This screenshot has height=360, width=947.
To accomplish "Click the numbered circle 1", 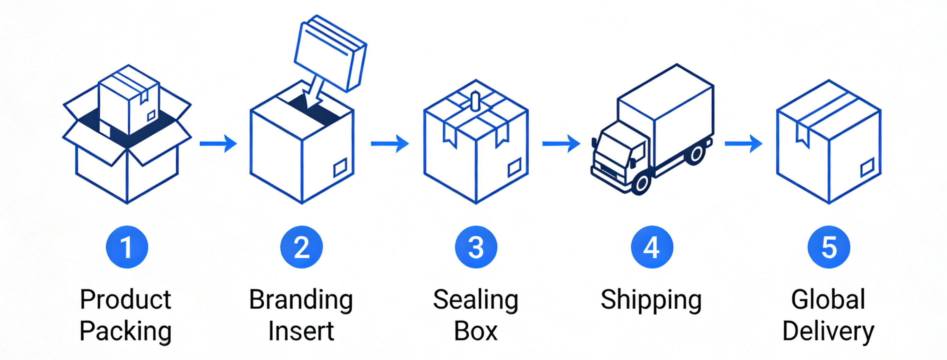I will pyautogui.click(x=127, y=247).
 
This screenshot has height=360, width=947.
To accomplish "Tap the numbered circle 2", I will pyautogui.click(x=301, y=247).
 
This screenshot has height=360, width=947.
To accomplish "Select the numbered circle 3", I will pyautogui.click(x=476, y=247).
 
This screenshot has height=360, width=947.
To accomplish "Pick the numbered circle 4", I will pyautogui.click(x=652, y=247).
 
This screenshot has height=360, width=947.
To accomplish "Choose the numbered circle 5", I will pyautogui.click(x=829, y=247).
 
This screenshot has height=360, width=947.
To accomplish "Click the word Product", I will pyautogui.click(x=125, y=300).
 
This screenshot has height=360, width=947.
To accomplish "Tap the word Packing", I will pyautogui.click(x=125, y=331).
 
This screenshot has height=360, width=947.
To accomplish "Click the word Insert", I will pyautogui.click(x=301, y=331).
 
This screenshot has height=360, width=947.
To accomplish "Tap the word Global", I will pyautogui.click(x=828, y=300).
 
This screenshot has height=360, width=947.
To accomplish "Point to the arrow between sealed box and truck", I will pyautogui.click(x=561, y=143).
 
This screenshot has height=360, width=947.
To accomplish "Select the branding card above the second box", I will pyautogui.click(x=330, y=53).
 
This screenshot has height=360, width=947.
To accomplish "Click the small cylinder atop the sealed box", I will pyautogui.click(x=475, y=101).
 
